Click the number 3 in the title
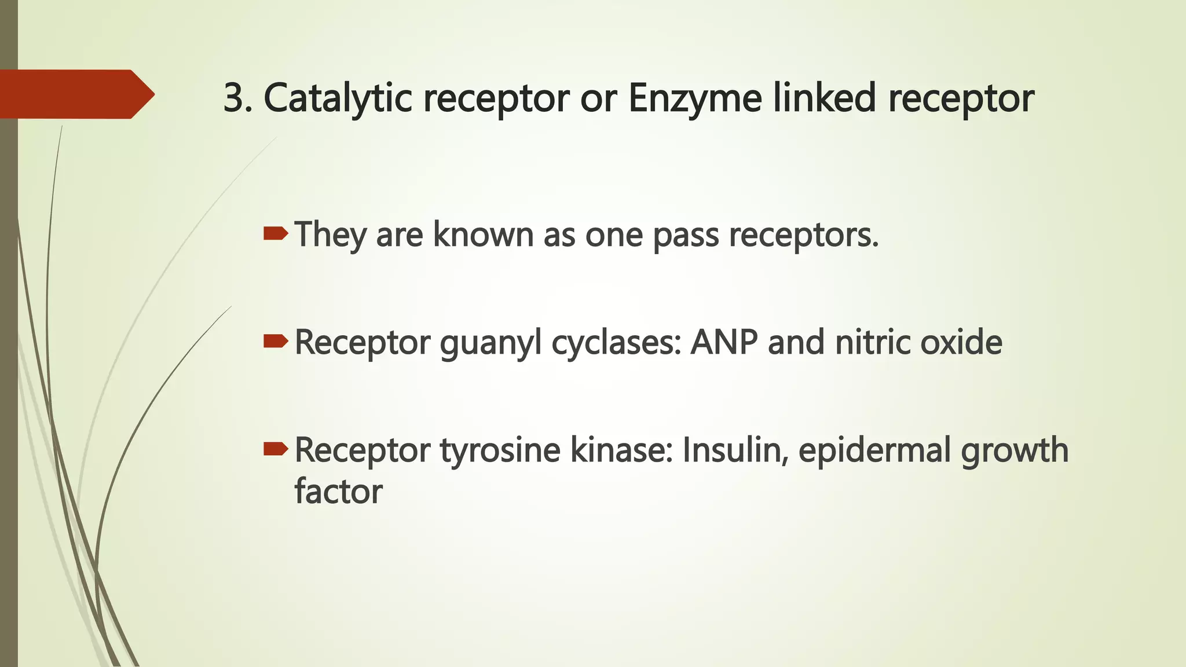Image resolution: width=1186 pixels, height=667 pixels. click(234, 98)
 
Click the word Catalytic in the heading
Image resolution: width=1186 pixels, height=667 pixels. click(337, 98)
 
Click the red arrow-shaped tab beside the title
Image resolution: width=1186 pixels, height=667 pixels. click(75, 94)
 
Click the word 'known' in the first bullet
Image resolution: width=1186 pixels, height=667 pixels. click(483, 234)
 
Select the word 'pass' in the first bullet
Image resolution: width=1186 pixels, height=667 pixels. click(686, 236)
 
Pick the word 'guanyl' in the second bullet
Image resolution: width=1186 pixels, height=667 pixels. click(491, 343)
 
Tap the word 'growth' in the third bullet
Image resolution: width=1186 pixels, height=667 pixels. click(1015, 450)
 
